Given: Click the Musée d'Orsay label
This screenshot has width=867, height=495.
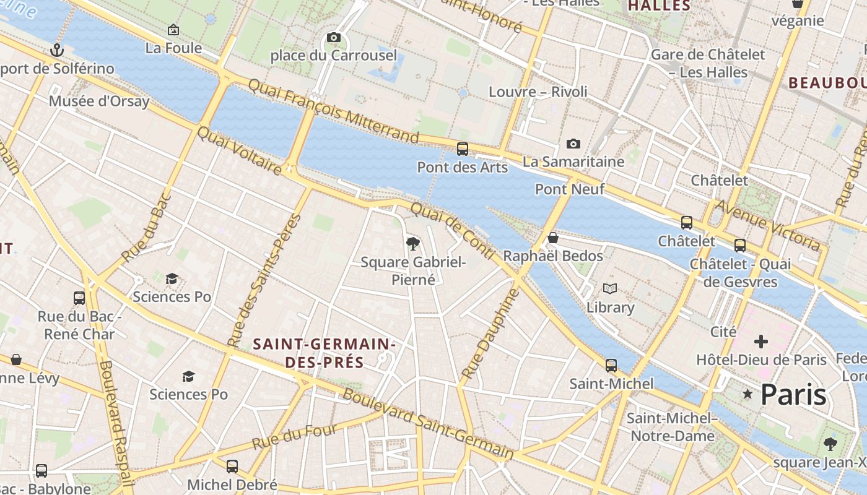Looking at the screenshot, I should tap(99, 101).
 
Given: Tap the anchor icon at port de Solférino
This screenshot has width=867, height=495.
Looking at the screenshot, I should tap(57, 50).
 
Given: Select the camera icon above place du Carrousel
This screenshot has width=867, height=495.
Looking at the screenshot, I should tap(333, 38).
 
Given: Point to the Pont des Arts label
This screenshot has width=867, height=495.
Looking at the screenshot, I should tap(462, 167).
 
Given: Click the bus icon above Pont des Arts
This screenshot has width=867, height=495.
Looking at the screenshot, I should tap(462, 148).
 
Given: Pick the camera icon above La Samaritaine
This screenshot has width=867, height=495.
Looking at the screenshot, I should tap(573, 144).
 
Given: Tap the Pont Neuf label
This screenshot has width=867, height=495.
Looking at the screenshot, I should tap(569, 189).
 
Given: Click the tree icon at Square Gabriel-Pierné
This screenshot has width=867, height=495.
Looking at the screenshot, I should tap(413, 244).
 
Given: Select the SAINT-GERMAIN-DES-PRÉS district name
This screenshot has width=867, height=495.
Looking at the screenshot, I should tap(325, 353).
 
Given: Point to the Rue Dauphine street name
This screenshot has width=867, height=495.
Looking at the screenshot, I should tap(489, 334).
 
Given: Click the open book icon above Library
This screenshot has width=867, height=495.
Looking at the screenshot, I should tap(610, 288).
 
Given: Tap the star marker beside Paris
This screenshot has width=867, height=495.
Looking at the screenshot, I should tap(747, 394).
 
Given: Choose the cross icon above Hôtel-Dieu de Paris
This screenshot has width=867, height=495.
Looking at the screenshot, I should tap(760, 342).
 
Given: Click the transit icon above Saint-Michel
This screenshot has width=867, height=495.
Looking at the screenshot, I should tap(611, 365).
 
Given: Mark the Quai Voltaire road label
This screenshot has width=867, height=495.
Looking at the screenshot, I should tap(239, 150).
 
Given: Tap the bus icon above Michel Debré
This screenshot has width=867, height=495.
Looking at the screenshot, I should tap(232, 466).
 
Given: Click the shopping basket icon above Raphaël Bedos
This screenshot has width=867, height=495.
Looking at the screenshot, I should tap(553, 238).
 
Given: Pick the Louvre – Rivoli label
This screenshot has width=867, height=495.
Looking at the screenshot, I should tap(538, 92).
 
